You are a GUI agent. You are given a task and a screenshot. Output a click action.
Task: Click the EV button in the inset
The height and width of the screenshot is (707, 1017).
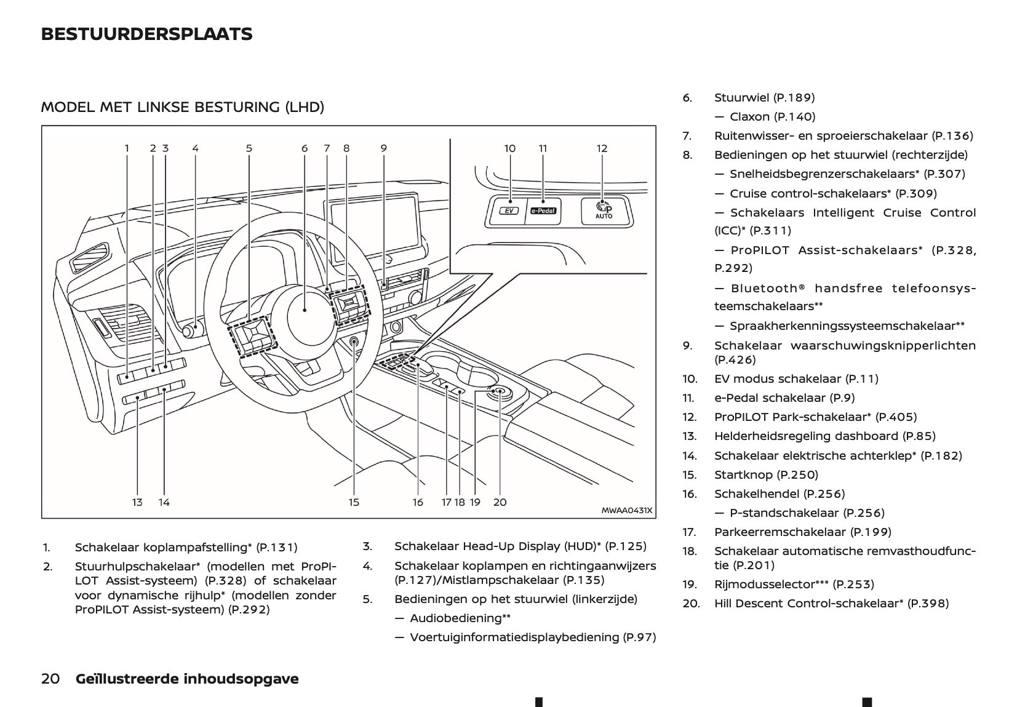[508, 210]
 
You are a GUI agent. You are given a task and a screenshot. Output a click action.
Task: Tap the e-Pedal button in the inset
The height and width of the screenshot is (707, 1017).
[543, 210]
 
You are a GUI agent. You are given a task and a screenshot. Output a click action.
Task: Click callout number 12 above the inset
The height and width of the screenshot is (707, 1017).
[602, 148]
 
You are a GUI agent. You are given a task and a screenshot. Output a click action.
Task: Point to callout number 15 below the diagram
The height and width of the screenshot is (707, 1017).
[354, 502]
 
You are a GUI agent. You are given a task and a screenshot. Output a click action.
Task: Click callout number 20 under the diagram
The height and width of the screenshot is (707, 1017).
[500, 502]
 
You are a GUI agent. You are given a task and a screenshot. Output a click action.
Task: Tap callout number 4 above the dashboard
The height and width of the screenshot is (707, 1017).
[195, 148]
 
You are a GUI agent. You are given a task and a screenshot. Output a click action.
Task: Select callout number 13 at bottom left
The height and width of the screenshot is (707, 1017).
[137, 502]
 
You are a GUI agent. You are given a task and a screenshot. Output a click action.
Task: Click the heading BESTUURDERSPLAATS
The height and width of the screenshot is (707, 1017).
[146, 34]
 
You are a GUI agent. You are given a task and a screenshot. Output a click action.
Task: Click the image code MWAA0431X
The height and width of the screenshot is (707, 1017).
[626, 510]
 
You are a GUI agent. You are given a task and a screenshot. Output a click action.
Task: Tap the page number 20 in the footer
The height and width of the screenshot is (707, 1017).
[50, 679]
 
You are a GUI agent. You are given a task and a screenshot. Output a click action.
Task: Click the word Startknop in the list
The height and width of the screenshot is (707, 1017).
[743, 474]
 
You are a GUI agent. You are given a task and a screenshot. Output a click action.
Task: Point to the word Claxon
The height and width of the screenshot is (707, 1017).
[749, 116]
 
